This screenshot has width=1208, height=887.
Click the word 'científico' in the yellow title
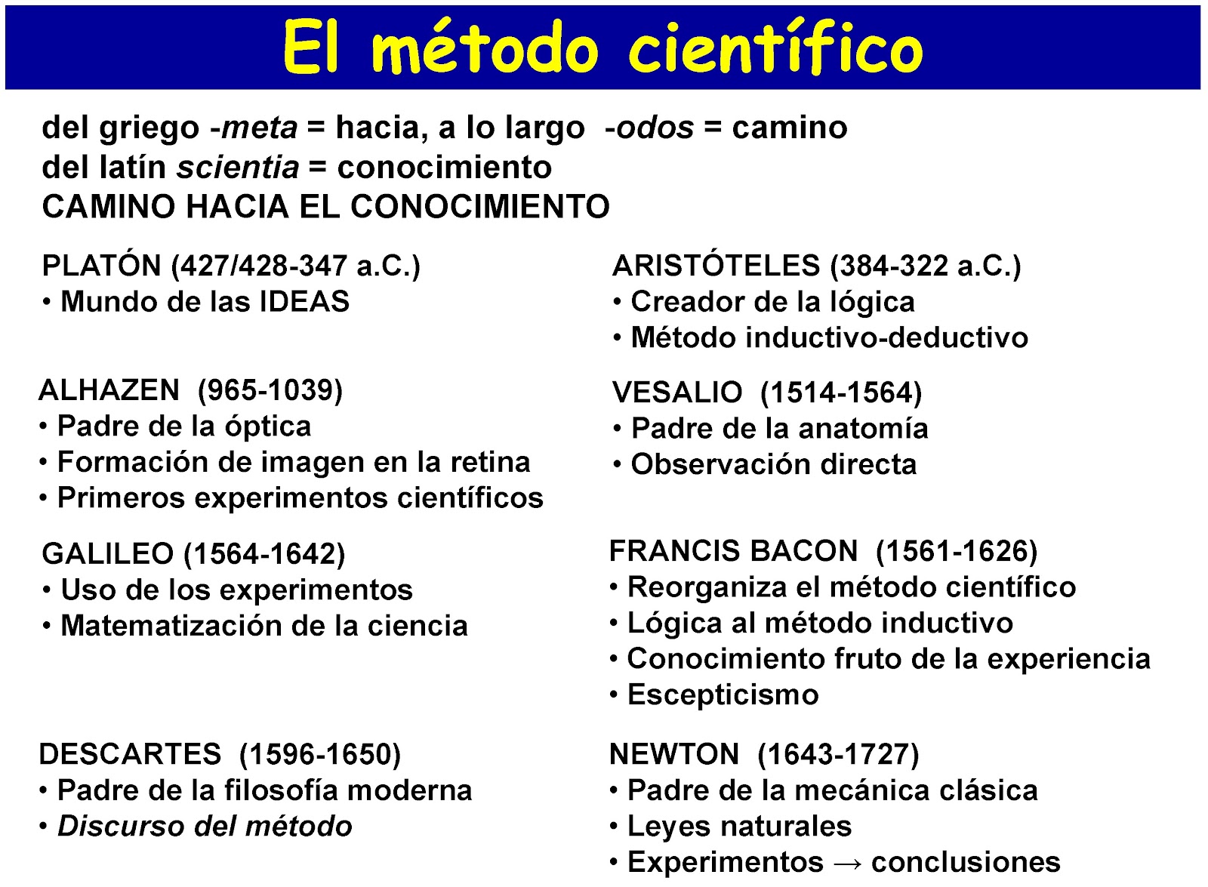[775, 49]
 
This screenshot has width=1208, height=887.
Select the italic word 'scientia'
[238, 168]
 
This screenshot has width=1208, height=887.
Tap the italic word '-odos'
[649, 128]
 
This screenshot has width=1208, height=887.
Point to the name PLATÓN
[101, 266]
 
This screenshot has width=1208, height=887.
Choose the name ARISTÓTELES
[716, 266]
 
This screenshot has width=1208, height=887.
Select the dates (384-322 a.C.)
[925, 266]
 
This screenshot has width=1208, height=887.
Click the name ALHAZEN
[109, 390]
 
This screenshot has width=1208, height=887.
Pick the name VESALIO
[677, 393]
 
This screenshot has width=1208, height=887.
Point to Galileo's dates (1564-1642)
[265, 554]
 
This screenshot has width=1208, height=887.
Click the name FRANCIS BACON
[733, 551]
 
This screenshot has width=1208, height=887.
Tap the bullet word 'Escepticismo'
[723, 695]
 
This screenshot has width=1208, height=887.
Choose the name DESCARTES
[130, 754]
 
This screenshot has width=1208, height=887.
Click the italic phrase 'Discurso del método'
[205, 826]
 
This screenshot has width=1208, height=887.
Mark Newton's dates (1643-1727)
[838, 754]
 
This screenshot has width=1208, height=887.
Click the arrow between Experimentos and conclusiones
[846, 863]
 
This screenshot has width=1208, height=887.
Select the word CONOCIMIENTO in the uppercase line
[479, 207]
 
